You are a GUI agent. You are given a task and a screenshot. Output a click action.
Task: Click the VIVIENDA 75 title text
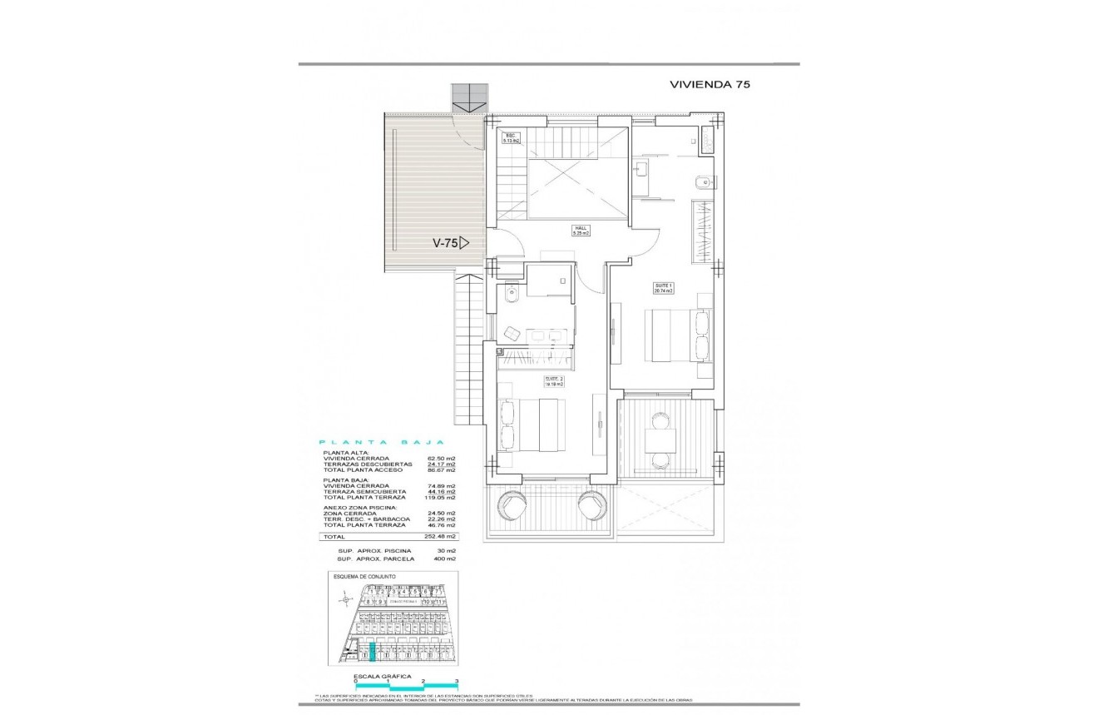(710, 84)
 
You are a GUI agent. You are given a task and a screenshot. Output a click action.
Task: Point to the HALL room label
(580, 231)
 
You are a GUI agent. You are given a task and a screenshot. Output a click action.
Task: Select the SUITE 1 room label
(663, 289)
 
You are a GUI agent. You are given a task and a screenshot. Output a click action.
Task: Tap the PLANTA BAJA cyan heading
(383, 443)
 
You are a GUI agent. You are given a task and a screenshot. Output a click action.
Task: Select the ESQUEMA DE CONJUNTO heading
(364, 576)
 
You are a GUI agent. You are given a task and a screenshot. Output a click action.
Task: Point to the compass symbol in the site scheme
(345, 597)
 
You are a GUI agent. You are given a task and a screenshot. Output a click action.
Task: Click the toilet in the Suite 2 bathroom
(512, 292)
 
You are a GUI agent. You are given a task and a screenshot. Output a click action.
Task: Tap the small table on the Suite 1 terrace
(661, 439)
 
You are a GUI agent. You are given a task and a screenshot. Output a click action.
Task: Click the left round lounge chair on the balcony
(510, 504)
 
